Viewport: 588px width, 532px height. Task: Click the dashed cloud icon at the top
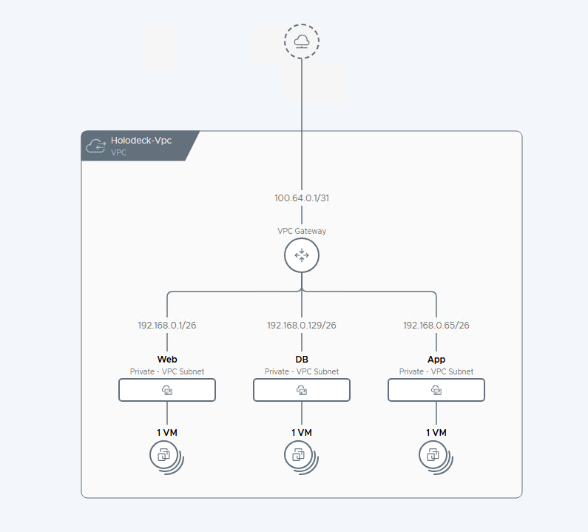click(302, 41)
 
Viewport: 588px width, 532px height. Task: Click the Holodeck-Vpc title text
click(141, 141)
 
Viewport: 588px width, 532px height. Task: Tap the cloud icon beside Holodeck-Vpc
click(96, 146)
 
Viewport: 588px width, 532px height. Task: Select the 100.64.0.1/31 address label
click(302, 198)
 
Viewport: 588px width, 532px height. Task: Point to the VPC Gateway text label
click(302, 231)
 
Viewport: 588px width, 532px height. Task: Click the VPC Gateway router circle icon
click(302, 255)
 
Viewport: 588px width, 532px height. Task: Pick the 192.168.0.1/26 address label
click(167, 326)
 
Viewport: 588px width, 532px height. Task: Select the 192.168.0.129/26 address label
click(302, 326)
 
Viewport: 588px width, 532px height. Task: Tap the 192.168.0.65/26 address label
click(436, 326)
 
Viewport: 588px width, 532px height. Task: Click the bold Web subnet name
click(167, 360)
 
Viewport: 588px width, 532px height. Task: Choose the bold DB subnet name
click(302, 360)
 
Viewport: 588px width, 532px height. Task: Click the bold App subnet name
click(436, 360)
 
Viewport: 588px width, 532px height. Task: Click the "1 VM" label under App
click(436, 433)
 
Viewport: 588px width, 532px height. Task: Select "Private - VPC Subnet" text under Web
click(167, 371)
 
